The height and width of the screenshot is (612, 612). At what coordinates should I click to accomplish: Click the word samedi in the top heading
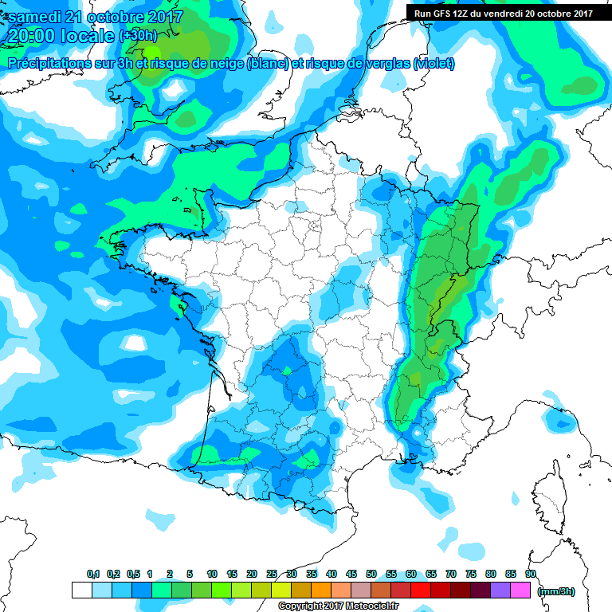click(x=35, y=17)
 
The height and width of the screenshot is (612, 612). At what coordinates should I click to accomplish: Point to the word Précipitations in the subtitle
click(x=47, y=64)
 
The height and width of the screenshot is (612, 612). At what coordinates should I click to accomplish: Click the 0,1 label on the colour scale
click(x=93, y=574)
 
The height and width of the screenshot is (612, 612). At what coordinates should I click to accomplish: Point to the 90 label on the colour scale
click(x=529, y=574)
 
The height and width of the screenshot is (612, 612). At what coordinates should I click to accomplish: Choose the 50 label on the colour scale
click(x=371, y=574)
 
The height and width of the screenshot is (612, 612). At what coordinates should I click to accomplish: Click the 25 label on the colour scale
click(x=272, y=574)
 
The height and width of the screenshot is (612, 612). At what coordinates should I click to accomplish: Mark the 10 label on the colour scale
click(x=212, y=574)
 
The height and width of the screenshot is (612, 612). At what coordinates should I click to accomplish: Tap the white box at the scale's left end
click(x=81, y=590)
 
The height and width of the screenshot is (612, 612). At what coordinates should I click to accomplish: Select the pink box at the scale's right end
click(x=521, y=590)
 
